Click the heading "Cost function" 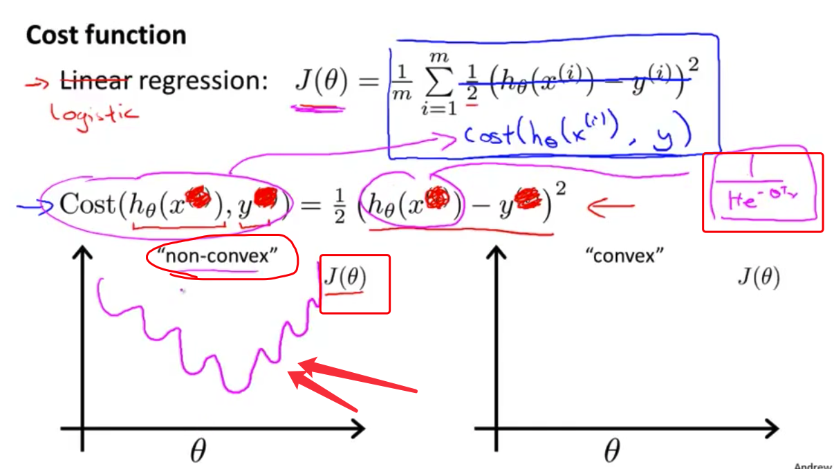(106, 36)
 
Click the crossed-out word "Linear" (95, 82)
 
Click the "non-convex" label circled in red (217, 257)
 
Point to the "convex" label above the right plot (624, 256)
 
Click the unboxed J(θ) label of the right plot (757, 277)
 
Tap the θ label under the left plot (198, 452)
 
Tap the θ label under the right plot (611, 452)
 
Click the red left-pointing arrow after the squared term (611, 205)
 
